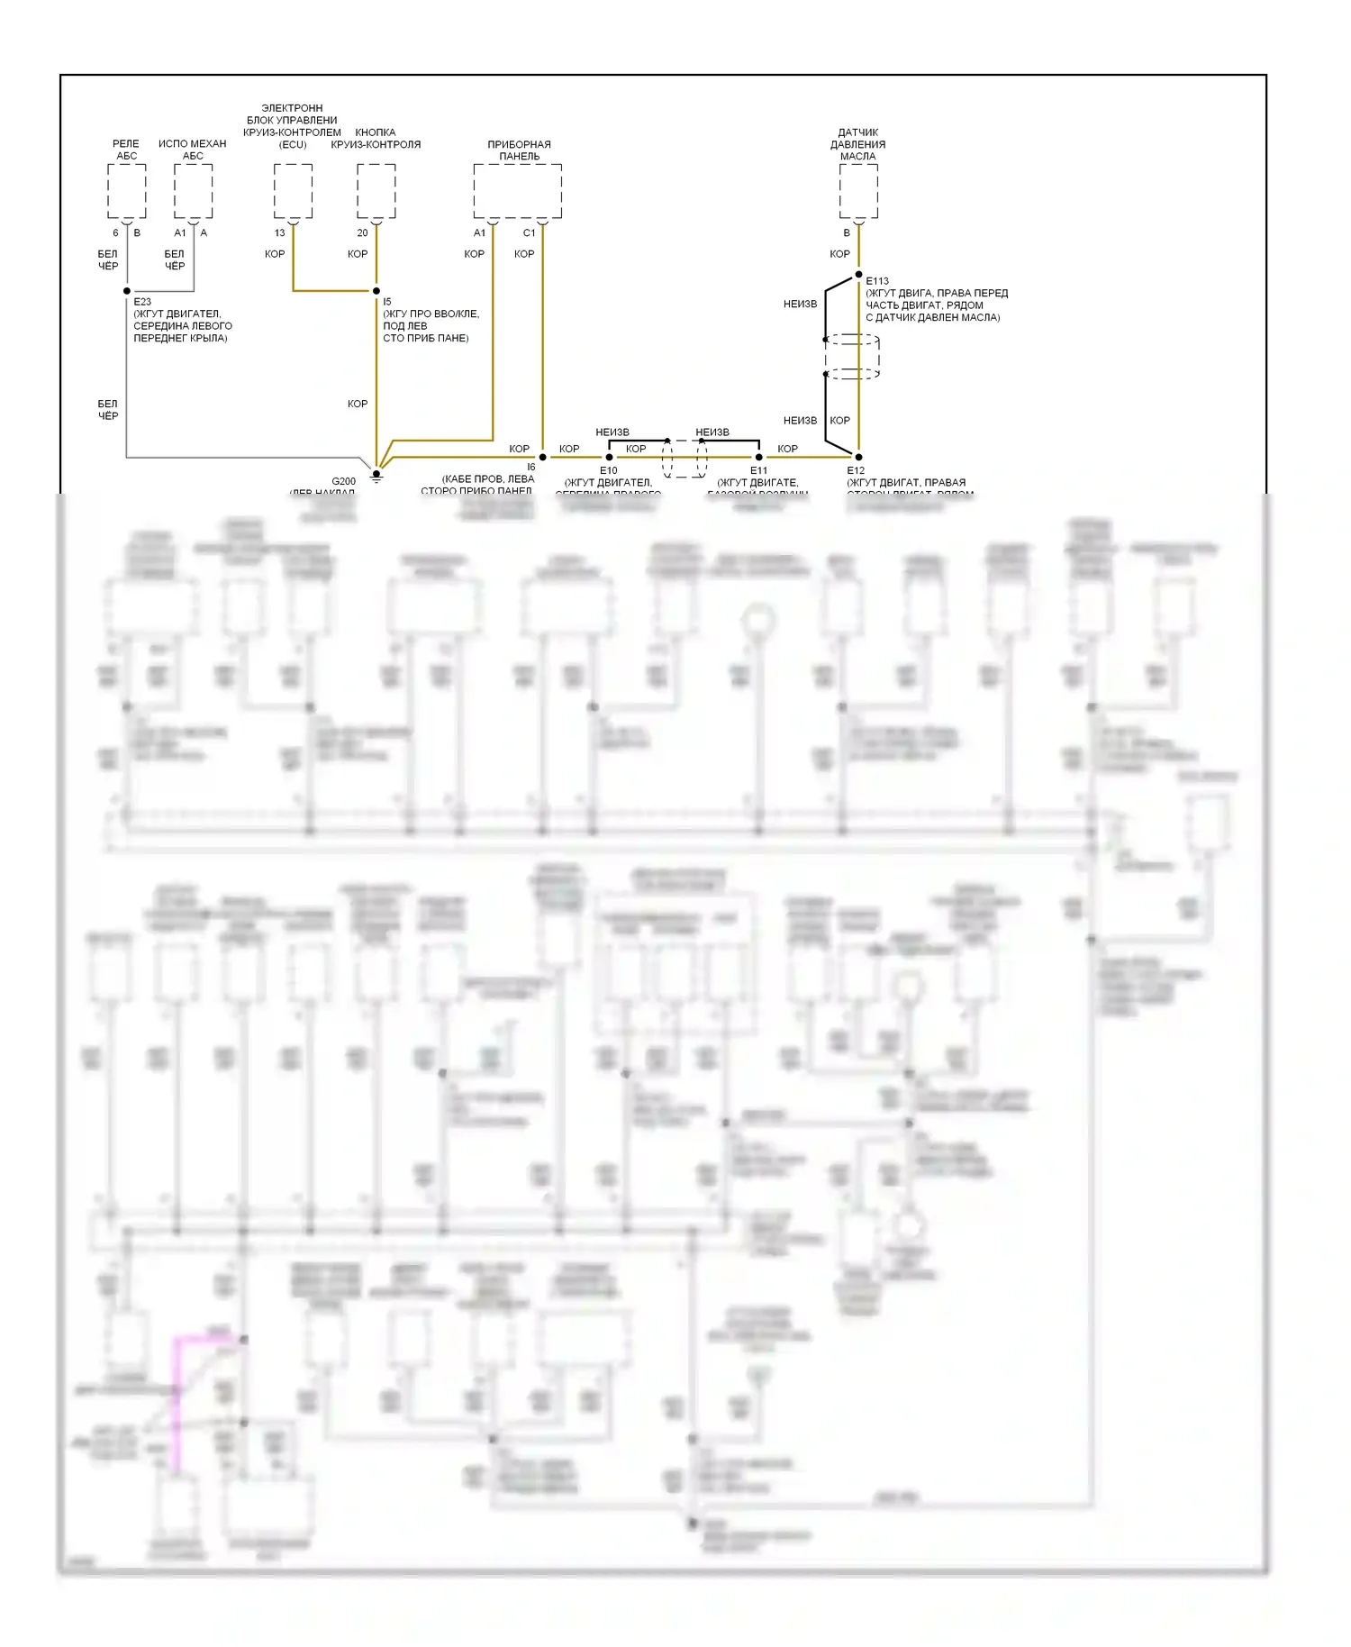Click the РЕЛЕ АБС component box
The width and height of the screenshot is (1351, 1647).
(126, 191)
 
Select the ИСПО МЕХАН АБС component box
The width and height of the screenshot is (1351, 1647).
(193, 191)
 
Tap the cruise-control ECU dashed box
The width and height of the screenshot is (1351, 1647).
(293, 191)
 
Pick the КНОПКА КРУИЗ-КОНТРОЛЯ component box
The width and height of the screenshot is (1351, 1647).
(376, 191)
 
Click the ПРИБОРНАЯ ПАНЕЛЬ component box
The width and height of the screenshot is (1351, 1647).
(518, 191)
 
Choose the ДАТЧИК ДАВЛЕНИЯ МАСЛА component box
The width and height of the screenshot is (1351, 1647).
(858, 191)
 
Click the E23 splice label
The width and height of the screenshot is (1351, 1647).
(142, 302)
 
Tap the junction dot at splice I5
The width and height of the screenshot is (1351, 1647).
(376, 291)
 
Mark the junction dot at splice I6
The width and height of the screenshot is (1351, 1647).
(542, 457)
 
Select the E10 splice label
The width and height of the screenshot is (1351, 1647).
(609, 470)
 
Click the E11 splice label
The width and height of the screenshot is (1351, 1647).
(758, 470)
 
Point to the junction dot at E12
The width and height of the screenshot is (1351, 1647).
(858, 457)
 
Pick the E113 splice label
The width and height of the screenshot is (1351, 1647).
(877, 281)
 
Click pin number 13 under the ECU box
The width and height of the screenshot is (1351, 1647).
(279, 233)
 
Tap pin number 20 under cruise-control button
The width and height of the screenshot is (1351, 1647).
(362, 233)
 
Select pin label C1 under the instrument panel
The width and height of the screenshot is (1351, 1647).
(529, 233)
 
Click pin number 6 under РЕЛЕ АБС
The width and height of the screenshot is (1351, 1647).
(115, 233)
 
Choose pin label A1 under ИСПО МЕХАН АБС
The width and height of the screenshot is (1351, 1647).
(180, 233)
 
